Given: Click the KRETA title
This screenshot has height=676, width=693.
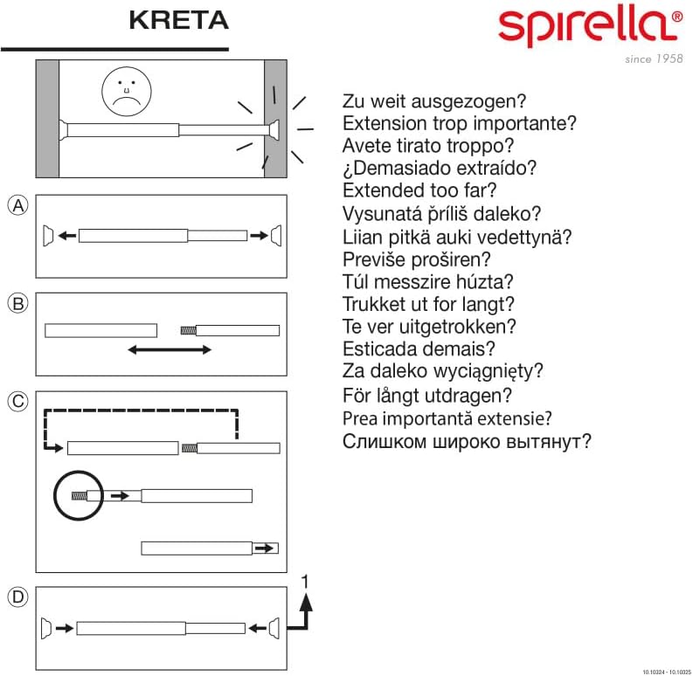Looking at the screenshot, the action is tap(178, 20).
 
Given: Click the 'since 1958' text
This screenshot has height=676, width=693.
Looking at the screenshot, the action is tap(654, 59).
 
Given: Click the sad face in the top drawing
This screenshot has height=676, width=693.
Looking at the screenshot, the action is tap(127, 92).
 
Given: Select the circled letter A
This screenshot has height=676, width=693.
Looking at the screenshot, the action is tap(18, 205).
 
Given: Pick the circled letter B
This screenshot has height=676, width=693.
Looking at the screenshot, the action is tap(18, 304).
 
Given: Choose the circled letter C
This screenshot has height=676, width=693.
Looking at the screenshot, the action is tap(18, 402).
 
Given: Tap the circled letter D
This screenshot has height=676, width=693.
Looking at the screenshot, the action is tap(18, 597).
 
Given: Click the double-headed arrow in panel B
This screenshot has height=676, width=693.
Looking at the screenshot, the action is tap(170, 350).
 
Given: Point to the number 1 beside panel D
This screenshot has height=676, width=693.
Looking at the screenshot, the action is tap(304, 582).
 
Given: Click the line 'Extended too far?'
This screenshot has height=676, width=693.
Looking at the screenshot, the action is tap(419, 190).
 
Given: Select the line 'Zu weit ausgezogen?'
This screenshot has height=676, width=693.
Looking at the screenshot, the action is tap(434, 101).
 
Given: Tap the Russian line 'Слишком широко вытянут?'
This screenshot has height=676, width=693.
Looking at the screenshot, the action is tap(467, 441).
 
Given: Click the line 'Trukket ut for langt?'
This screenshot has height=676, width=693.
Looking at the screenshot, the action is tap(428, 304).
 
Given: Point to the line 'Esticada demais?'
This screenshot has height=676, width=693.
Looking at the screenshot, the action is tap(419, 348).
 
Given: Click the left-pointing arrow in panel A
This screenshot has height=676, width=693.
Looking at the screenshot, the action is tap(67, 236).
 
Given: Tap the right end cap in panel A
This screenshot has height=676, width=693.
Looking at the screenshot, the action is tap(276, 235).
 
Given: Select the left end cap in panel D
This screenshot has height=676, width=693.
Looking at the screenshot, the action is tap(46, 628).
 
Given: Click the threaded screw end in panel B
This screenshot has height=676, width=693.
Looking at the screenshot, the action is tap(188, 330).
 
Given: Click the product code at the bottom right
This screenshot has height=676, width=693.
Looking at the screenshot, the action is tap(667, 672).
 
